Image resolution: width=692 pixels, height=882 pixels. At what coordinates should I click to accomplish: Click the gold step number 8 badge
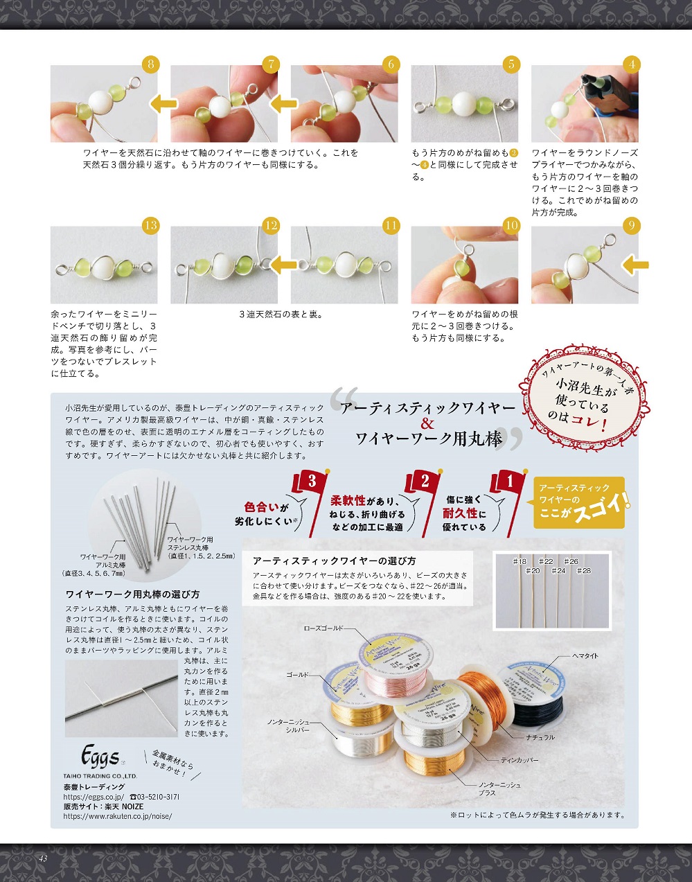click(150, 64)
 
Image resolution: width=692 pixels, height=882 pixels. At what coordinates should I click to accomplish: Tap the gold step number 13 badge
click(150, 225)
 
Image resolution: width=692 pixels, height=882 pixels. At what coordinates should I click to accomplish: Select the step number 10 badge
click(511, 225)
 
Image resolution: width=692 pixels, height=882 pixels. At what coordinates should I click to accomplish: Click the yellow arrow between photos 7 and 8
click(164, 104)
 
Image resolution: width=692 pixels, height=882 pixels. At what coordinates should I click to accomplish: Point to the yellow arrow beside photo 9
click(635, 265)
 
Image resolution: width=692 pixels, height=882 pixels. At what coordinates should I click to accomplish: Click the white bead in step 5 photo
click(464, 104)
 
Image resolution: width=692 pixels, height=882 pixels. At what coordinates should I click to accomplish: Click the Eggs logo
click(100, 756)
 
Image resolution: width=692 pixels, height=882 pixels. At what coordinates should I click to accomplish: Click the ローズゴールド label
click(323, 628)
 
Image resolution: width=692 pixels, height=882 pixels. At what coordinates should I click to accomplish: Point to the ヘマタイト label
click(585, 655)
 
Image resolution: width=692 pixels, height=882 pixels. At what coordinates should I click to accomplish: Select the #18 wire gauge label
click(520, 561)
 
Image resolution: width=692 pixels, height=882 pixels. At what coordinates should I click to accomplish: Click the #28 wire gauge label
click(584, 571)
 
